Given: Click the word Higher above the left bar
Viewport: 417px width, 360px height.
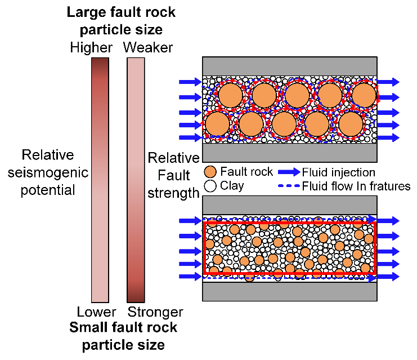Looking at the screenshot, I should [x=92, y=47].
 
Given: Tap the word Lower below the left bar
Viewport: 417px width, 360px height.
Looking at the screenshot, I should [x=96, y=312].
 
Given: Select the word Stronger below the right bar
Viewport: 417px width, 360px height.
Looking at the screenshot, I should [x=156, y=312].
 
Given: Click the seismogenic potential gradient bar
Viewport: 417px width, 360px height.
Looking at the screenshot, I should [x=100, y=180].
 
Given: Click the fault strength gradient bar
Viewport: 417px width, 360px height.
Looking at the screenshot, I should [x=136, y=180].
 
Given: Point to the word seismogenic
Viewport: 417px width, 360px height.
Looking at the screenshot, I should [x=54, y=172].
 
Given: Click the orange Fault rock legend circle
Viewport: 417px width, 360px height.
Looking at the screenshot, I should [x=210, y=172].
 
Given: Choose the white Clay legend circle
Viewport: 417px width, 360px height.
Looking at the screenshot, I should [x=210, y=185].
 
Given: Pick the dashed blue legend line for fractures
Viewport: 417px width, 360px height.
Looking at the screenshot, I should [x=288, y=185].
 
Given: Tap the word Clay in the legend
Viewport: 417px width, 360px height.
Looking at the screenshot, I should [x=232, y=185].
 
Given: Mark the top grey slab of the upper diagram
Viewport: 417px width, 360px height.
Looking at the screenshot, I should [x=289, y=66].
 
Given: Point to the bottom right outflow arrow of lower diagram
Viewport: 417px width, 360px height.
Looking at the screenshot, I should [x=387, y=277].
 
